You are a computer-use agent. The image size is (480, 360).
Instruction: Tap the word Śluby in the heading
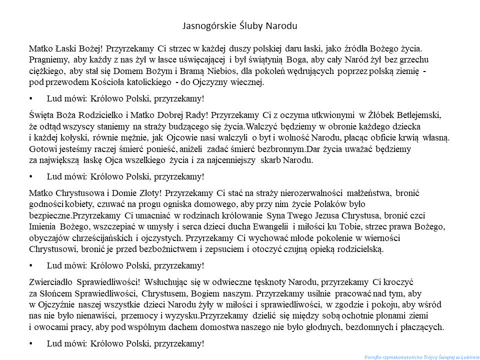coord(250,24)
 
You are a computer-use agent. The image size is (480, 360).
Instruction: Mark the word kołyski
coord(73,137)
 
